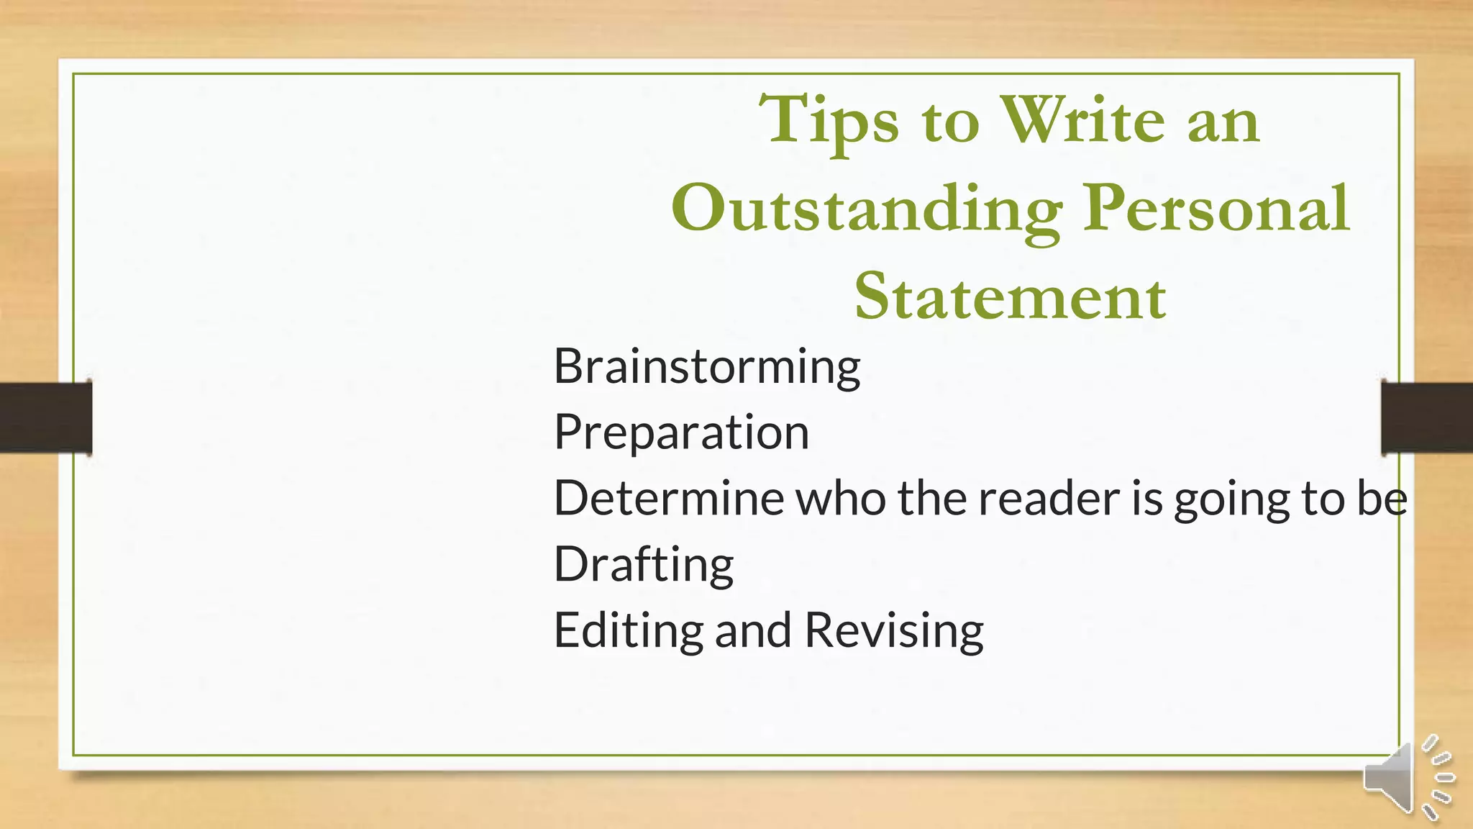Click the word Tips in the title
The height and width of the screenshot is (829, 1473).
pos(829,120)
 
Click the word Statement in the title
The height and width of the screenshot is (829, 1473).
pos(1010,297)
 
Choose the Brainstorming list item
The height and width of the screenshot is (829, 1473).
pos(707,366)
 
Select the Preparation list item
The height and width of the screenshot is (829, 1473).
pos(681,432)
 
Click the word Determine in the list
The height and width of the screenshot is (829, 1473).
pos(668,498)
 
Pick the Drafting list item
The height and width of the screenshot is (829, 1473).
pos(644,564)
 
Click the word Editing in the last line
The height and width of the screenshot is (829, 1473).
pos(628,630)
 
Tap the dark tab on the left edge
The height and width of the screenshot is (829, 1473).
pos(45,417)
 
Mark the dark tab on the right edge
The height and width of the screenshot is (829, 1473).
pos(1427,417)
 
